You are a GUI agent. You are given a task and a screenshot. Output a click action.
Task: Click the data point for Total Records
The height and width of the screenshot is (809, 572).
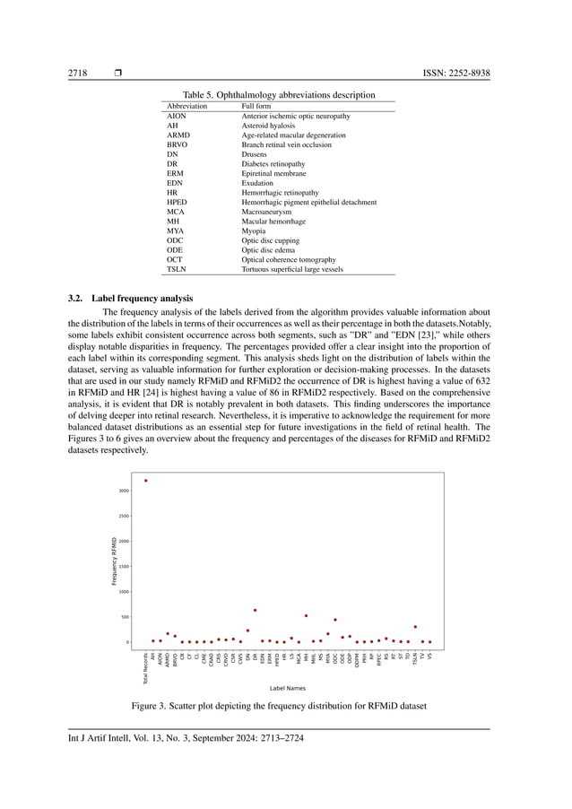(x=146, y=481)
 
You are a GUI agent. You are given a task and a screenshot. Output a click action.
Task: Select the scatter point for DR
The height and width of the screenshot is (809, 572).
(x=255, y=610)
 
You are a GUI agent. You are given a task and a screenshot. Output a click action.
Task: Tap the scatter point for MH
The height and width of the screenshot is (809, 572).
(x=306, y=615)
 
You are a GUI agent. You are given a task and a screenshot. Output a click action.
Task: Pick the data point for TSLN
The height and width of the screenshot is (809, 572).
(x=415, y=627)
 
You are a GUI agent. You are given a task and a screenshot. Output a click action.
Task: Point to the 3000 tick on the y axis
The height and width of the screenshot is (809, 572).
(x=123, y=491)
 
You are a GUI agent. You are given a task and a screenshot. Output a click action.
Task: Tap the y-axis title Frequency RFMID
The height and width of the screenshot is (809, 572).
(x=114, y=561)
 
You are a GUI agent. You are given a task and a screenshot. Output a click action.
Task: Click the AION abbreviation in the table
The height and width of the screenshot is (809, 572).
(x=178, y=117)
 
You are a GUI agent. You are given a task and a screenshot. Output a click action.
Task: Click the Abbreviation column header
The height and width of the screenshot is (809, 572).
(x=187, y=106)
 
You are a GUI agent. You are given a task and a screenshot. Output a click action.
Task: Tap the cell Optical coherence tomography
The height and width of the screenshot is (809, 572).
(x=289, y=259)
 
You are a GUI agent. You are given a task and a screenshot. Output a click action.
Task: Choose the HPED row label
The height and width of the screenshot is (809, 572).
(x=178, y=202)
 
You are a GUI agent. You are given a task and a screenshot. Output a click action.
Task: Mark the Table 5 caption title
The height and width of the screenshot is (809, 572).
(x=279, y=94)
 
